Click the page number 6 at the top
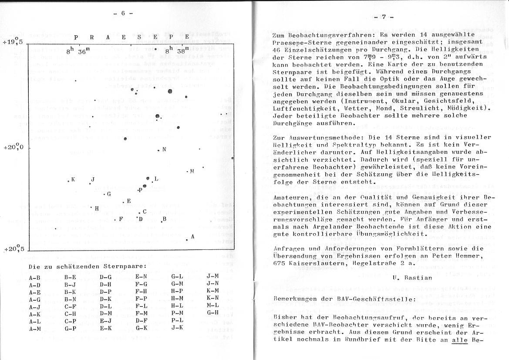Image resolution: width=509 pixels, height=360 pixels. coord(123,13)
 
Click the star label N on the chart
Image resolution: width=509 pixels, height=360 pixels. coord(164,149)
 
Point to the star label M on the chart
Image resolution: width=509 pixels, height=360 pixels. coord(192,171)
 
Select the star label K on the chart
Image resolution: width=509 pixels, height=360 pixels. coord(73,180)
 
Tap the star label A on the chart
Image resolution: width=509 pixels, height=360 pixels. coord(192,236)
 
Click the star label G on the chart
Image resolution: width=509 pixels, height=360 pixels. coord(109,194)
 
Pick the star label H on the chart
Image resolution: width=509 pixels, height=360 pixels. coord(97,208)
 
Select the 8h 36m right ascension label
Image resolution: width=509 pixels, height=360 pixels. coord(76,51)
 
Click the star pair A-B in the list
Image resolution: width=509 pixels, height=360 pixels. coord(34,277)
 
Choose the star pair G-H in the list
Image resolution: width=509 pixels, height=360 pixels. coord(212,312)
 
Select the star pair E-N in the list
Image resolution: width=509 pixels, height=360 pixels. coord(142,276)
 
